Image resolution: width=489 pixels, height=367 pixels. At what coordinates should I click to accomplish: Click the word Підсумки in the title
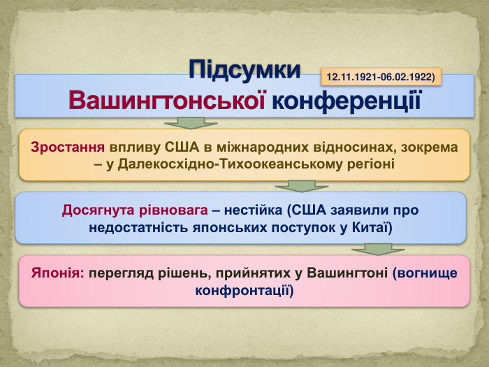(x=245, y=70)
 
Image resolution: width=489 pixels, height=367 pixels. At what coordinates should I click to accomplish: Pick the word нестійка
(x=252, y=210)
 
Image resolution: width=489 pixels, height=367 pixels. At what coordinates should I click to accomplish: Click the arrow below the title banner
(x=185, y=124)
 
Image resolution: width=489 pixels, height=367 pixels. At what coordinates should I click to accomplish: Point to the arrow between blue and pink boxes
(x=378, y=249)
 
